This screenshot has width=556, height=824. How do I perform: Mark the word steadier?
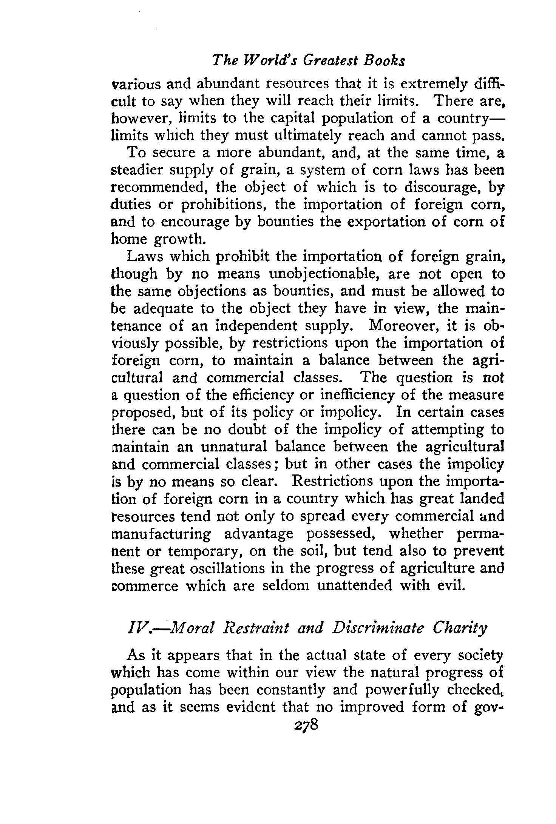pyautogui.click(x=137, y=170)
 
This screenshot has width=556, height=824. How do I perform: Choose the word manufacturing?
pyautogui.click(x=162, y=534)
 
